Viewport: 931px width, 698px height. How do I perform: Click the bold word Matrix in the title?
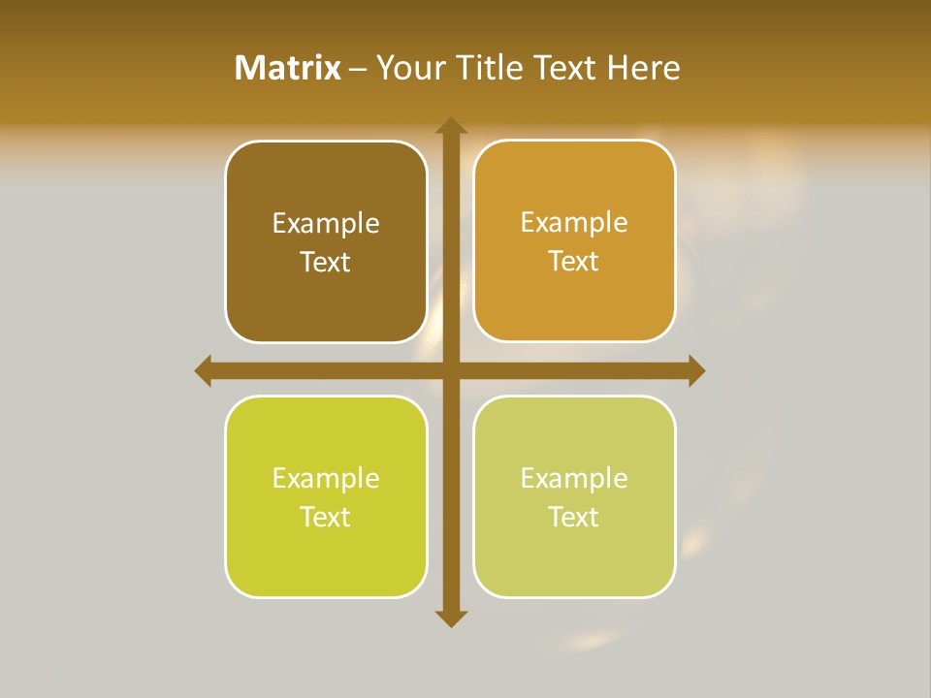(288, 68)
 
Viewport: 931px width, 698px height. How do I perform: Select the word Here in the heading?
(643, 68)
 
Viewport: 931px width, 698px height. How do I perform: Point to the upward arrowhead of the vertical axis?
(450, 125)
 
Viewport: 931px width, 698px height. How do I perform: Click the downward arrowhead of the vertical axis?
(450, 619)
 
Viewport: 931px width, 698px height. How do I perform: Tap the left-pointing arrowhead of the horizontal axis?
(204, 370)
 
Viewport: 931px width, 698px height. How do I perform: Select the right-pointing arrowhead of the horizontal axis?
(696, 370)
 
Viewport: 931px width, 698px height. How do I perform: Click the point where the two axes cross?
(450, 370)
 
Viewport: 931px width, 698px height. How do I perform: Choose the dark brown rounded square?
(326, 291)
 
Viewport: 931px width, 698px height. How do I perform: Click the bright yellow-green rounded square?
(326, 553)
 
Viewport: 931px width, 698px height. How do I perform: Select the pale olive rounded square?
(574, 553)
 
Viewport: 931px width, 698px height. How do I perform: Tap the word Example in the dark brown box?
(326, 223)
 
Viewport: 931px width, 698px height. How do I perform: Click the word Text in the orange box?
(574, 261)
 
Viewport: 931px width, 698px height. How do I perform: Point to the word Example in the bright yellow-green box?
(326, 478)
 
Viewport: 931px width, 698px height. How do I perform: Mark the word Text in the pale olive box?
(574, 517)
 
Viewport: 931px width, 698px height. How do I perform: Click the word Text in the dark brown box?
(326, 262)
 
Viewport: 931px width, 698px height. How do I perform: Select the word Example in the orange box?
(574, 222)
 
